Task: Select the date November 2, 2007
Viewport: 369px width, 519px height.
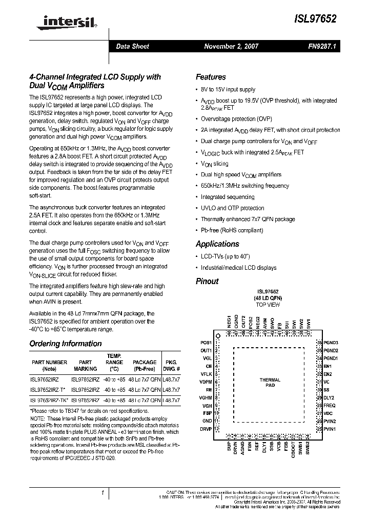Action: click(231, 46)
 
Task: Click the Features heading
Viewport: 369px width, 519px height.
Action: click(211, 77)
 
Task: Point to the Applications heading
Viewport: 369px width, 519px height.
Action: click(217, 244)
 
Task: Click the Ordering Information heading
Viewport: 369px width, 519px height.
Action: click(65, 344)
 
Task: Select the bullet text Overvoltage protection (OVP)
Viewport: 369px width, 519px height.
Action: click(236, 118)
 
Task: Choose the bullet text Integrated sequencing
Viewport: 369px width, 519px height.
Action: click(227, 197)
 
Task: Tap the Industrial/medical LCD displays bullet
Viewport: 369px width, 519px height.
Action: click(238, 268)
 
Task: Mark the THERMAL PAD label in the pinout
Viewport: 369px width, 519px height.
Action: click(270, 382)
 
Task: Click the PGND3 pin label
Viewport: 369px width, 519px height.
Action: click(331, 343)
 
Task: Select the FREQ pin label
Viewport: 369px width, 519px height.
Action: click(329, 405)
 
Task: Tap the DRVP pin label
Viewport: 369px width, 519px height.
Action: click(206, 429)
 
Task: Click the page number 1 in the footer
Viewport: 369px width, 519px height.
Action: click(102, 493)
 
